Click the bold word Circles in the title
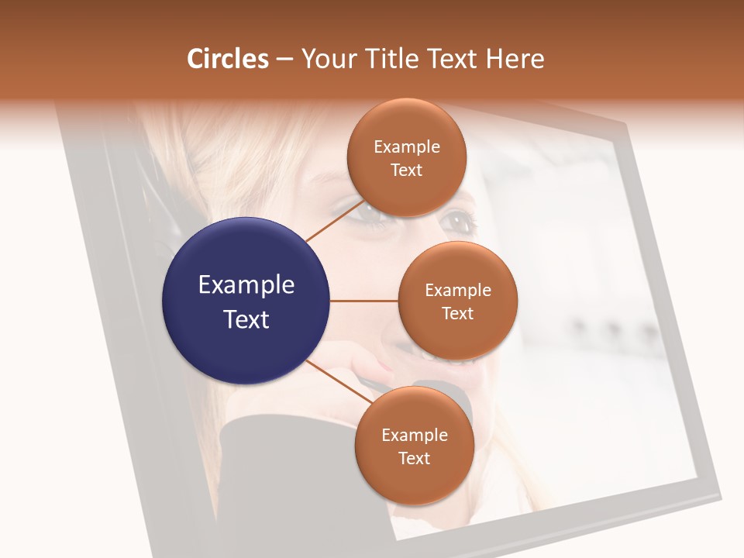pyautogui.click(x=228, y=59)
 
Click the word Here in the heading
pyautogui.click(x=515, y=59)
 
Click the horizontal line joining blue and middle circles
pyautogui.click(x=364, y=301)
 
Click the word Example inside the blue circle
pyautogui.click(x=246, y=284)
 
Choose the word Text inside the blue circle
pyautogui.click(x=246, y=319)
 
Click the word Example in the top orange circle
pyautogui.click(x=407, y=146)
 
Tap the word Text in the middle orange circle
pyautogui.click(x=458, y=313)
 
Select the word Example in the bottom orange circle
pyautogui.click(x=415, y=435)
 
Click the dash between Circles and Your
pyautogui.click(x=284, y=59)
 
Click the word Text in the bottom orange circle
pyautogui.click(x=415, y=458)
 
